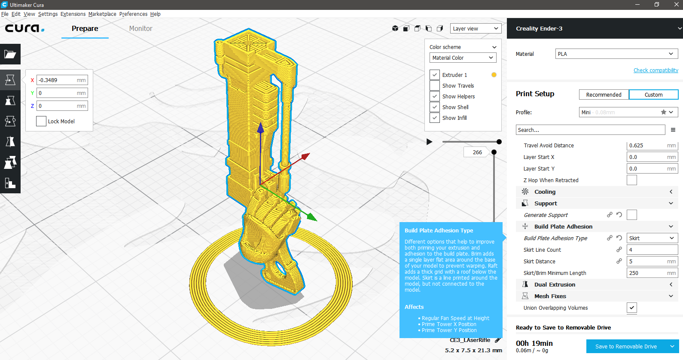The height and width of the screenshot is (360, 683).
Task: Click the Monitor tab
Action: [x=140, y=28]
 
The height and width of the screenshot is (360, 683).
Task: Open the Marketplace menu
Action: [x=102, y=14]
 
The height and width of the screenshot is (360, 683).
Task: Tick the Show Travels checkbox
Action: [x=434, y=85]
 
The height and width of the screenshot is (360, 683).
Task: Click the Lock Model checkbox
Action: [x=41, y=121]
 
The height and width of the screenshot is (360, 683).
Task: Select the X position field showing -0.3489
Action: [x=62, y=80]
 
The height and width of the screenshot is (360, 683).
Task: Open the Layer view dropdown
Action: [x=476, y=28]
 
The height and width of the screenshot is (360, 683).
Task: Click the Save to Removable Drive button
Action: [x=626, y=347]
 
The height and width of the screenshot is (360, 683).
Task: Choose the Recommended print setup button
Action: [x=604, y=95]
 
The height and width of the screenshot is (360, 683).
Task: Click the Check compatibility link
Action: [x=656, y=70]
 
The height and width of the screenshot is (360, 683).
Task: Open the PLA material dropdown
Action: [x=616, y=54]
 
